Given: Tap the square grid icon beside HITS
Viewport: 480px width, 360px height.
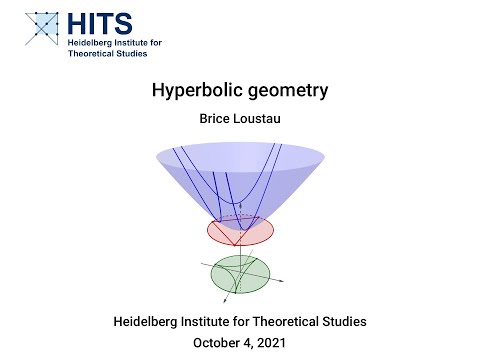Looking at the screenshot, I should pos(40,29).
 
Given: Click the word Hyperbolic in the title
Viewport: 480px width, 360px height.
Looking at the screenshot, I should pos(191,91).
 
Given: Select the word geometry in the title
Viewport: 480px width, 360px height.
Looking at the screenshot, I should pos(281,91).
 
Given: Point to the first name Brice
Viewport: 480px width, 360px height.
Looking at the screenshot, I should pos(216,118).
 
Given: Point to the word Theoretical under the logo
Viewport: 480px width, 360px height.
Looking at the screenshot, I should pos(96,55).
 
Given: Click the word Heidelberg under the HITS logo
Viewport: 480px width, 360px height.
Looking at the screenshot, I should pos(91,43).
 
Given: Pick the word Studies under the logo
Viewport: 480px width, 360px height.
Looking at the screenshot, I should pos(144,55).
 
